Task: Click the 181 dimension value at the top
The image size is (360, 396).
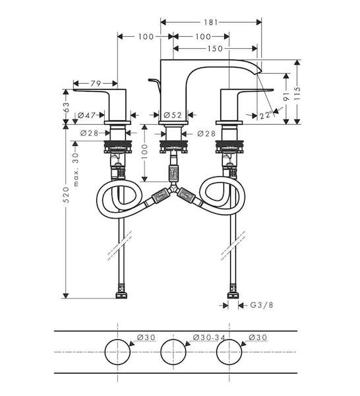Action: point(210,22)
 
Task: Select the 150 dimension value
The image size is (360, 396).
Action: point(216,48)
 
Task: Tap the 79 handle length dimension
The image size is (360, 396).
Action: point(96,83)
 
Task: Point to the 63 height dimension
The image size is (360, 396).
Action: point(67,107)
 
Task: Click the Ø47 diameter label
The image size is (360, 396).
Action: point(87,115)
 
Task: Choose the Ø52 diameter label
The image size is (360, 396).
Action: point(173,115)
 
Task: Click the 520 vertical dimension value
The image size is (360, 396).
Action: point(66,195)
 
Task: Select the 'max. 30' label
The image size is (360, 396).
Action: point(76,170)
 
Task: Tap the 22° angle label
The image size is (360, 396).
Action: point(266,115)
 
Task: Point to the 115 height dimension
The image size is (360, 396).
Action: point(297,94)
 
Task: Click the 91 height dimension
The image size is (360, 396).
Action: point(286,96)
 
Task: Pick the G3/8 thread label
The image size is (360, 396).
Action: point(262,305)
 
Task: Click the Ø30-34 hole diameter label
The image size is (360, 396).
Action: point(209,337)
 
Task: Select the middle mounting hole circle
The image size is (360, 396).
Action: point(173,352)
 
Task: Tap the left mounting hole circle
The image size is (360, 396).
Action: point(117,352)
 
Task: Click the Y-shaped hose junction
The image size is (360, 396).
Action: point(173,189)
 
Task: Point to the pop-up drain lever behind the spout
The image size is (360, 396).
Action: point(154,84)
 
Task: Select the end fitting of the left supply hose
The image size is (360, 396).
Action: point(121,292)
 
